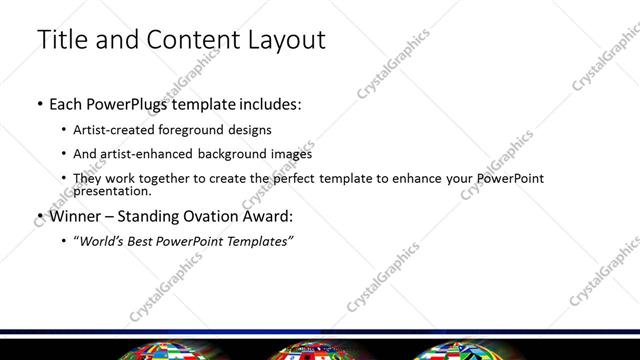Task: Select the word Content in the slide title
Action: (x=190, y=40)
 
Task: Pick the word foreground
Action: (x=205, y=130)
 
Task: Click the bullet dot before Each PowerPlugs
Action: (x=39, y=104)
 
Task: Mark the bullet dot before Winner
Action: (x=39, y=216)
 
